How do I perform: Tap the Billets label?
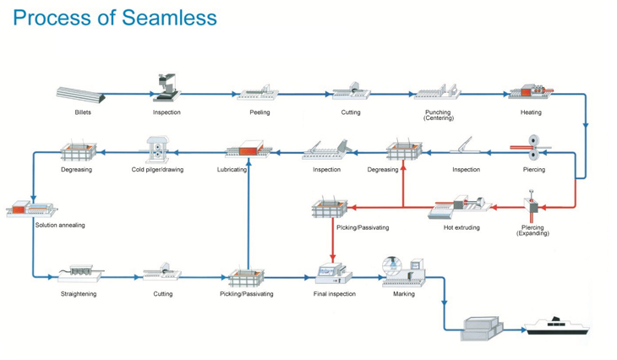[x=83, y=112]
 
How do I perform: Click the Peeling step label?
[x=259, y=112]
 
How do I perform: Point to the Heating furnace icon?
[x=530, y=92]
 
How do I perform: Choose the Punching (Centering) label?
[x=438, y=115]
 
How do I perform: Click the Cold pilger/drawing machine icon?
[x=157, y=150]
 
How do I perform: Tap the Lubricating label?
[x=232, y=170]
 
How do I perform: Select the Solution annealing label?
[x=60, y=226]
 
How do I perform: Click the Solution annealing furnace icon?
[x=31, y=209]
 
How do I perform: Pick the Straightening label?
[x=79, y=294]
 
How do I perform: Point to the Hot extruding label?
[x=461, y=227]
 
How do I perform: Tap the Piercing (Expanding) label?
[x=532, y=230]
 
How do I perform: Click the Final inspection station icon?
[x=332, y=273]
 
